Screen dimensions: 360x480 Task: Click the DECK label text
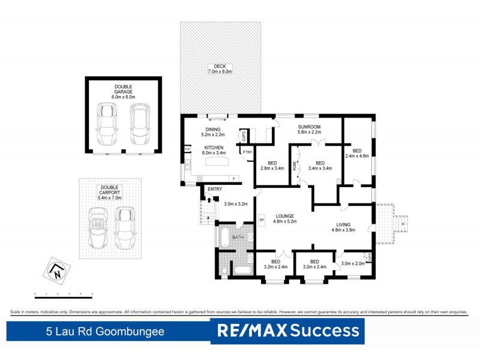coord(220,66)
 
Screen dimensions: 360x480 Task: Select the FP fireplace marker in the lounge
coord(262,220)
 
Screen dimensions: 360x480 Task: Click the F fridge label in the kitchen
coord(233,178)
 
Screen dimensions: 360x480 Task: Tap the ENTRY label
coord(215,190)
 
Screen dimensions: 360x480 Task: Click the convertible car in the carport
coord(97,229)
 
